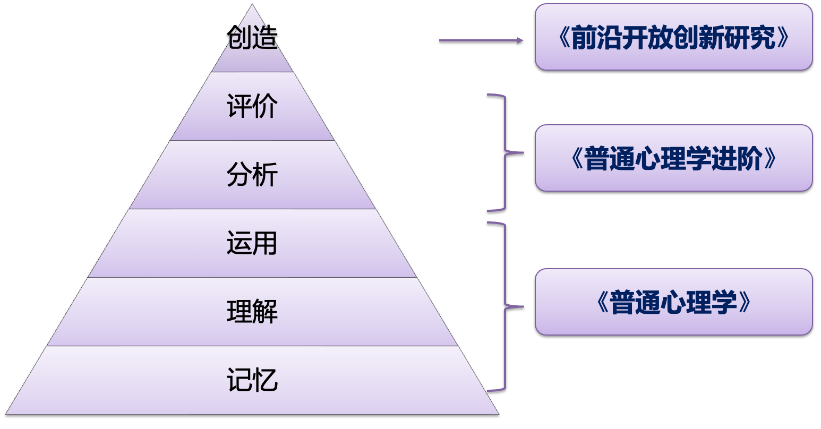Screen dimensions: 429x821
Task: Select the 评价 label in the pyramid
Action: pos(252,106)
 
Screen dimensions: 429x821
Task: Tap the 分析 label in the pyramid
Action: pos(252,175)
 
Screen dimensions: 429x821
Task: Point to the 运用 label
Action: pos(252,243)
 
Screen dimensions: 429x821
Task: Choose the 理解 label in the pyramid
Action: pos(252,312)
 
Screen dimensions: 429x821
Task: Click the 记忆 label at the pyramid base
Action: pos(252,380)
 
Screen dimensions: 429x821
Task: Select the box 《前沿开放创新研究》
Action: pos(673,37)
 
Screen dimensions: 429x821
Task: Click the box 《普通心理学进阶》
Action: pos(673,158)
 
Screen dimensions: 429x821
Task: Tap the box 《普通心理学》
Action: pos(673,302)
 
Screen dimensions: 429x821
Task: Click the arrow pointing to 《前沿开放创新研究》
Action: pos(481,40)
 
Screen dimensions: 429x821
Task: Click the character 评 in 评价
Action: pos(240,106)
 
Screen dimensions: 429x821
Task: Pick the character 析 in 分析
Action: pos(265,175)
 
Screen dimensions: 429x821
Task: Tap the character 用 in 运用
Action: pos(265,243)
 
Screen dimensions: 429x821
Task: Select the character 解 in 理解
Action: pos(265,312)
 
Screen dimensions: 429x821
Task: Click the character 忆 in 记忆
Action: pos(265,380)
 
